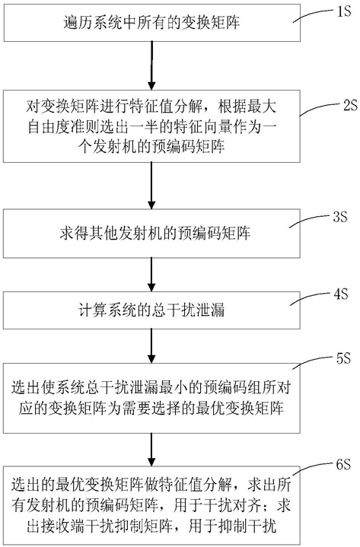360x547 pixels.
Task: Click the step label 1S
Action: point(343,11)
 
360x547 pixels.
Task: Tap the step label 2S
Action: point(350,105)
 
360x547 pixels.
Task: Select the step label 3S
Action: point(339,218)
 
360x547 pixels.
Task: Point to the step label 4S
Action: point(340,294)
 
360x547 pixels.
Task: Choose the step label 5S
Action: point(342,358)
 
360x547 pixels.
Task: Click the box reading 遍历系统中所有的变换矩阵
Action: point(151,23)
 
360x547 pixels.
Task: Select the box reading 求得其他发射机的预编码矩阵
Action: point(151,234)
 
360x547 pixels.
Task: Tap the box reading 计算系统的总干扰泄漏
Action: point(151,310)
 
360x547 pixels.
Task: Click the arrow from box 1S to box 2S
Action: point(151,65)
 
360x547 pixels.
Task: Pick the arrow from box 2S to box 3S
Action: point(151,186)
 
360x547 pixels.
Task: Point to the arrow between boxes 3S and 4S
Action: point(151,275)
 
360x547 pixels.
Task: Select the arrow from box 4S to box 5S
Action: point(151,345)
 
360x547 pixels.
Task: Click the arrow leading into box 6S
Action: point(151,450)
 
